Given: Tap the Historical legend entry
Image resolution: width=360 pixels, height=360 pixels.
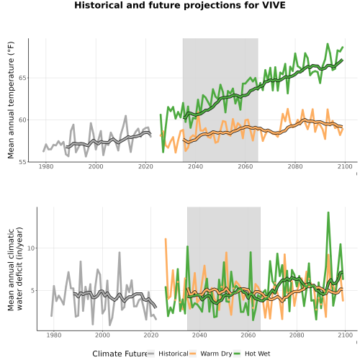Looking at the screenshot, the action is tap(168, 354).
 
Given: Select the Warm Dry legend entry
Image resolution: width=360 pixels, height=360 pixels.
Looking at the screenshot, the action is tap(211, 354).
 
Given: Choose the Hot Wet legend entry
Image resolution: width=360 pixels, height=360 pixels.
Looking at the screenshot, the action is tap(252, 354).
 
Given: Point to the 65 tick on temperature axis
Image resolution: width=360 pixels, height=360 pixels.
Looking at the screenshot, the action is tap(22, 78).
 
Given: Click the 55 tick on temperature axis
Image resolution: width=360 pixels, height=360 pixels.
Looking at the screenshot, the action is tap(22, 162).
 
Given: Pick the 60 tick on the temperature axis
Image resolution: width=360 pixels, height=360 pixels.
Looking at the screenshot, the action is tap(22, 120).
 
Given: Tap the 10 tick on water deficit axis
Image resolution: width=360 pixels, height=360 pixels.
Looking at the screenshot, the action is tap(31, 248).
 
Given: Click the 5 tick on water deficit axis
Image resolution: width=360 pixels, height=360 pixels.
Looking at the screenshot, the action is tap(33, 291).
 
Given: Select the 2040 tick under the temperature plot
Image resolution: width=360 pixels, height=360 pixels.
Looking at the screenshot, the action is tap(195, 166).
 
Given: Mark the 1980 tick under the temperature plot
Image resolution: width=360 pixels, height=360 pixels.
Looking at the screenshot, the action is tap(46, 166).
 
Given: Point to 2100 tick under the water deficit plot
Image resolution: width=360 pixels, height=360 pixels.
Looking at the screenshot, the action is tap(345, 335).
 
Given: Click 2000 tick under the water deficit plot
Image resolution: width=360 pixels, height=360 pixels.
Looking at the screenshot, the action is tap(102, 335).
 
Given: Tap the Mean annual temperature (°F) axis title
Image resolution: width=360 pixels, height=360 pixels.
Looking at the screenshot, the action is tap(11, 100).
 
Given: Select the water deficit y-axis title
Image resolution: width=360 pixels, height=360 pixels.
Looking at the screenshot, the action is tap(15, 269).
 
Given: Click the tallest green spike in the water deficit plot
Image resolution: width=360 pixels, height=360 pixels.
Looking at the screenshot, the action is tap(328, 212).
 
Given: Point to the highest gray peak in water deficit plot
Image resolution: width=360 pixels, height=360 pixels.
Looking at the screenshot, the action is tap(120, 253).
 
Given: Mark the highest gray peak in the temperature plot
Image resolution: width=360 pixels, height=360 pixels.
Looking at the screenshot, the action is tap(125, 116).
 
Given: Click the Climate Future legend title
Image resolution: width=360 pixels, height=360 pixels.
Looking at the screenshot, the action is tap(120, 354).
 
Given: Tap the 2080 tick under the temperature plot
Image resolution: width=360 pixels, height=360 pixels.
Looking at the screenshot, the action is tap(295, 166).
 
